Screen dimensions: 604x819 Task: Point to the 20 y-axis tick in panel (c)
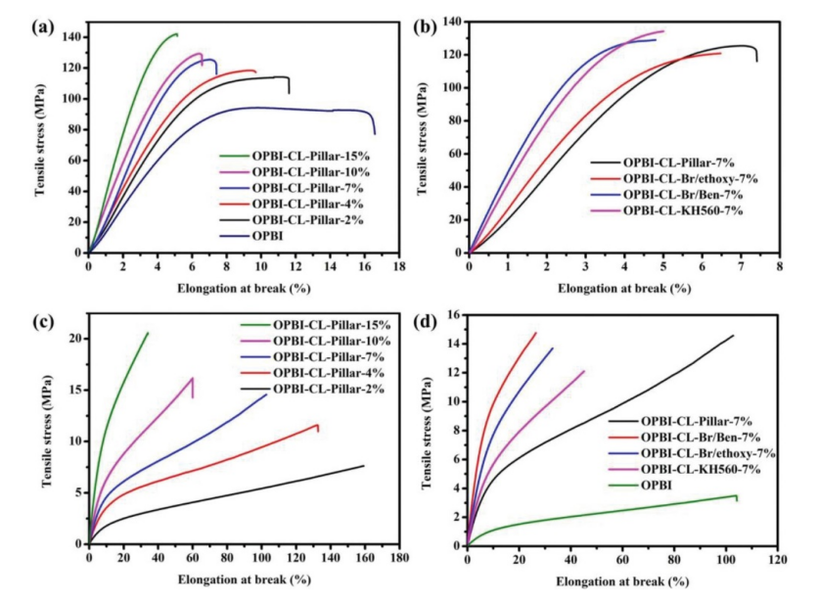pos(75,339)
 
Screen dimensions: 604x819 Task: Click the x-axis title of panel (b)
pos(624,290)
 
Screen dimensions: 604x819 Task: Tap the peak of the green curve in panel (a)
pos(175,34)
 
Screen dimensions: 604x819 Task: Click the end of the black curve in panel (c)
pos(364,466)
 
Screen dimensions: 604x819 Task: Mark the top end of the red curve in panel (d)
pos(535,333)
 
